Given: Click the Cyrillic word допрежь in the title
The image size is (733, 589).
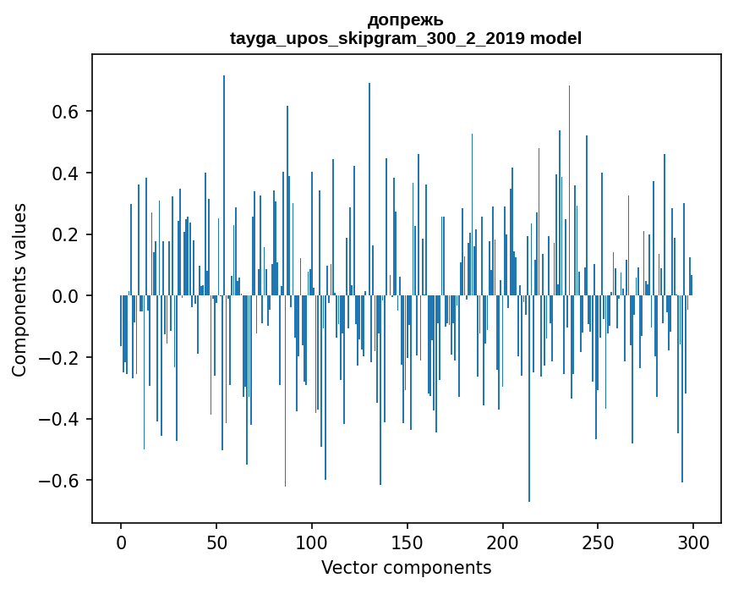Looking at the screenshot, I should (406, 19).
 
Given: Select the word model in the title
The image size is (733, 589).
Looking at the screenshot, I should (555, 38).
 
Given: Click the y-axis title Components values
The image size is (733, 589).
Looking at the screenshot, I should (19, 289).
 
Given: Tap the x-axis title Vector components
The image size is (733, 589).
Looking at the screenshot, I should (406, 567).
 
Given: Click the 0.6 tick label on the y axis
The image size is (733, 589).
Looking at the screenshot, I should (66, 112).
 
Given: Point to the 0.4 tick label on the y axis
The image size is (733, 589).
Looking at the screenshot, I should (66, 173).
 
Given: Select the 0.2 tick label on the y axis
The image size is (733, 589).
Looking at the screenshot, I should (66, 234).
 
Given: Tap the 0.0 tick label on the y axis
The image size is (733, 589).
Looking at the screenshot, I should (66, 296).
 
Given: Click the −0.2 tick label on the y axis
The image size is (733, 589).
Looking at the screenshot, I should (60, 357).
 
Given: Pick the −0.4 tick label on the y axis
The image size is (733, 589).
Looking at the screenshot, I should (60, 419).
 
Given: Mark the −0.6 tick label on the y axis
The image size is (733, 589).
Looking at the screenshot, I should (60, 480).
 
